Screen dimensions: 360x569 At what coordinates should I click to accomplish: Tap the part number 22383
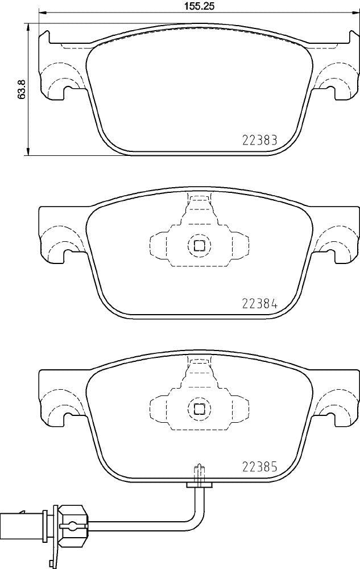pyautogui.click(x=259, y=140)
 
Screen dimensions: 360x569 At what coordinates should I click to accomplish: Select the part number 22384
pyautogui.click(x=259, y=303)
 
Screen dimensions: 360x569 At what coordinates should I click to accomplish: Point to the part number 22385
pyautogui.click(x=259, y=467)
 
